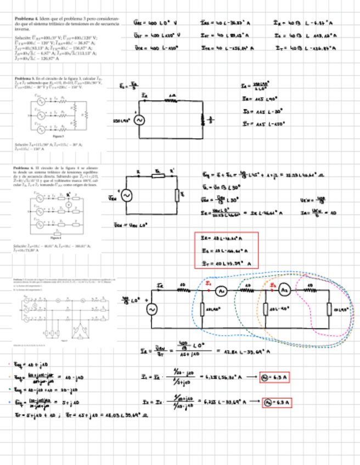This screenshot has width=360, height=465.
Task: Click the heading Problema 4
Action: point(27,18)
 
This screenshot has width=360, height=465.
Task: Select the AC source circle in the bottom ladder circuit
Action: point(151,309)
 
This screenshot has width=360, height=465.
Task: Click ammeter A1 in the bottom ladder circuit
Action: point(220,291)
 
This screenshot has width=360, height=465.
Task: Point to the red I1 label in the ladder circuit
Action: point(209,283)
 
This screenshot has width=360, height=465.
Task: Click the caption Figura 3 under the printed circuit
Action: point(55,136)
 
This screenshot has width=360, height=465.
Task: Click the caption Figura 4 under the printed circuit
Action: point(55,238)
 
